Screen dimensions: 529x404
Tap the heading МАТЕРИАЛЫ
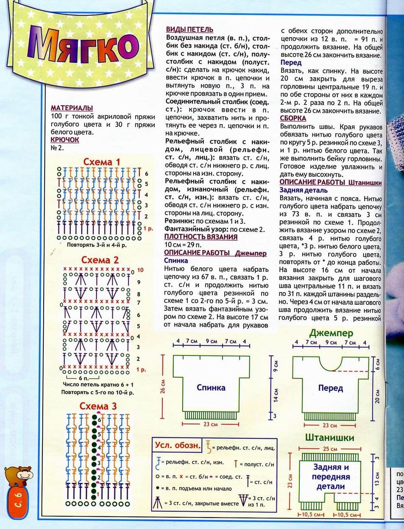click(x=72, y=108)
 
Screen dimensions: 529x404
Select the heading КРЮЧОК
click(x=64, y=139)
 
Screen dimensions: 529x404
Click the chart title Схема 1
click(x=101, y=162)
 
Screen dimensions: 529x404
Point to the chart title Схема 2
click(x=100, y=260)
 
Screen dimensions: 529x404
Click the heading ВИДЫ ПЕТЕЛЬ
click(x=189, y=30)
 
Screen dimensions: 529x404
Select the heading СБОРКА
click(x=293, y=119)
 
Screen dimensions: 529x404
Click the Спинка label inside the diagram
click(x=211, y=387)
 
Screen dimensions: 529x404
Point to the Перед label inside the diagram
click(x=330, y=387)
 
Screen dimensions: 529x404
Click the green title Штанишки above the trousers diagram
click(x=329, y=437)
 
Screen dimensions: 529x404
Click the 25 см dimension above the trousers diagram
click(x=330, y=448)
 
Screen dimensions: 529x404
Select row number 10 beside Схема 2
click(x=140, y=270)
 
